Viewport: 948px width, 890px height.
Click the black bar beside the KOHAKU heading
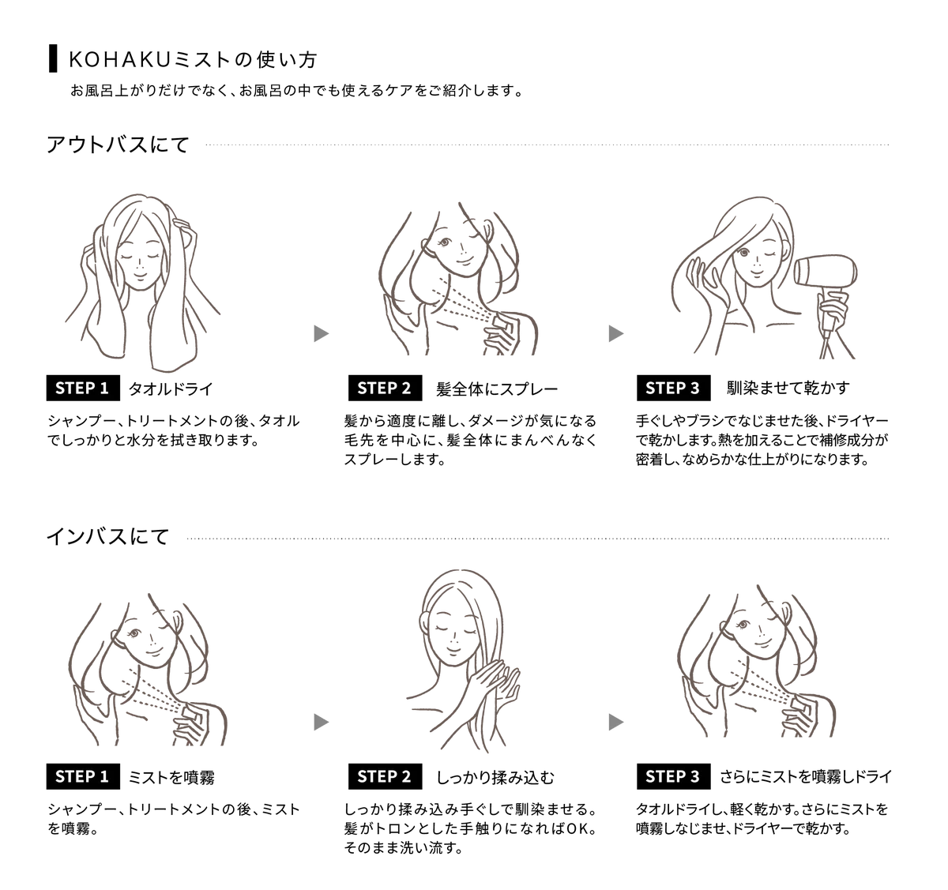[53, 58]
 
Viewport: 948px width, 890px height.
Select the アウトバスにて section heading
[118, 145]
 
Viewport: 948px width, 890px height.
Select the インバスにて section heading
[108, 537]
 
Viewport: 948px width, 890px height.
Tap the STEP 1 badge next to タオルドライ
[83, 388]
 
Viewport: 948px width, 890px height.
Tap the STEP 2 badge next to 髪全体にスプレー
[386, 388]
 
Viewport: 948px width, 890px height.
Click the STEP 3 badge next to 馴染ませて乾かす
[674, 388]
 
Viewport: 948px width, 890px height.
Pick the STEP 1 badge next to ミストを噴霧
[83, 776]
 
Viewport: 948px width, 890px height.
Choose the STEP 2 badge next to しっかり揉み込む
[386, 776]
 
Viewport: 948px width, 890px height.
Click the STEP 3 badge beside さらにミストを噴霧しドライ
[674, 776]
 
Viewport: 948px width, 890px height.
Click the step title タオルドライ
[171, 389]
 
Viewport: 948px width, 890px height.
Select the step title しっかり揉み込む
[495, 777]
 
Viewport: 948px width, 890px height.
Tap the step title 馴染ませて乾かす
[788, 388]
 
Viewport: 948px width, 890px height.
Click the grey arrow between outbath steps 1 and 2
[322, 333]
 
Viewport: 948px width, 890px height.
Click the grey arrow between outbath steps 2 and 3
[616, 333]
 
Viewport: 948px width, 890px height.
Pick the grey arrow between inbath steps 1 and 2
[322, 722]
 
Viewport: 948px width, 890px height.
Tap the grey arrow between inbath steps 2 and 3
[616, 722]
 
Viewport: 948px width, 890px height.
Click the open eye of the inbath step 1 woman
[134, 633]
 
